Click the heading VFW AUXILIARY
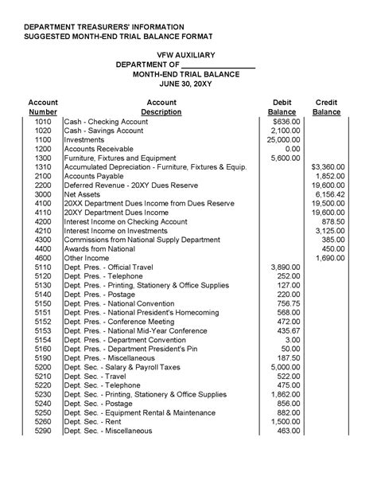click(188, 53)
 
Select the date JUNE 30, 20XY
click(188, 83)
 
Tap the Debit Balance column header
click(282, 107)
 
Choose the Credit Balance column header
click(326, 107)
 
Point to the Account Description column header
click(161, 107)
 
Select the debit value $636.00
click(286, 121)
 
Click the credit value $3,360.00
click(327, 167)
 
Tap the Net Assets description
click(82, 194)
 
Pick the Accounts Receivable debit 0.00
click(291, 149)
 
